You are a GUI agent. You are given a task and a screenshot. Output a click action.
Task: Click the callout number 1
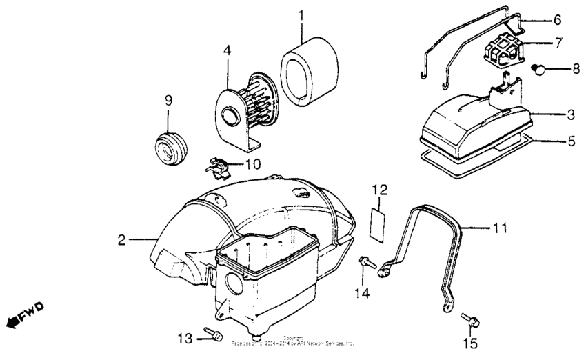tap(301, 14)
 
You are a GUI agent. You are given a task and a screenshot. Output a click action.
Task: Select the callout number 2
tap(121, 240)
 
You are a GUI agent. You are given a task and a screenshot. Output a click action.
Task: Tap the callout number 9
tap(168, 100)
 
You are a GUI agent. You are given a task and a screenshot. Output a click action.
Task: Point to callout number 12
tap(381, 188)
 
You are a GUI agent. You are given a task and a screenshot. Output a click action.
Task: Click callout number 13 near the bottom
tap(183, 337)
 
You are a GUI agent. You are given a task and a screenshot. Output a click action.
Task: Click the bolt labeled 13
tap(212, 336)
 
